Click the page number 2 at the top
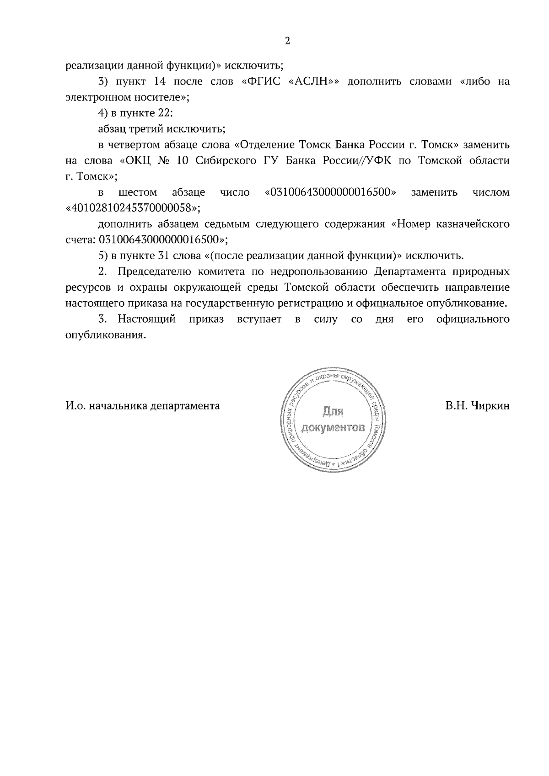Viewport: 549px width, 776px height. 287,42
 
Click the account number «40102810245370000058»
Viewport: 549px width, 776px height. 133,208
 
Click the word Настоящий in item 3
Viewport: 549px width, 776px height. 146,319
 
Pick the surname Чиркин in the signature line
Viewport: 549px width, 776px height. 490,405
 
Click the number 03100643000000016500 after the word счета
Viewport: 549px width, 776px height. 158,239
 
